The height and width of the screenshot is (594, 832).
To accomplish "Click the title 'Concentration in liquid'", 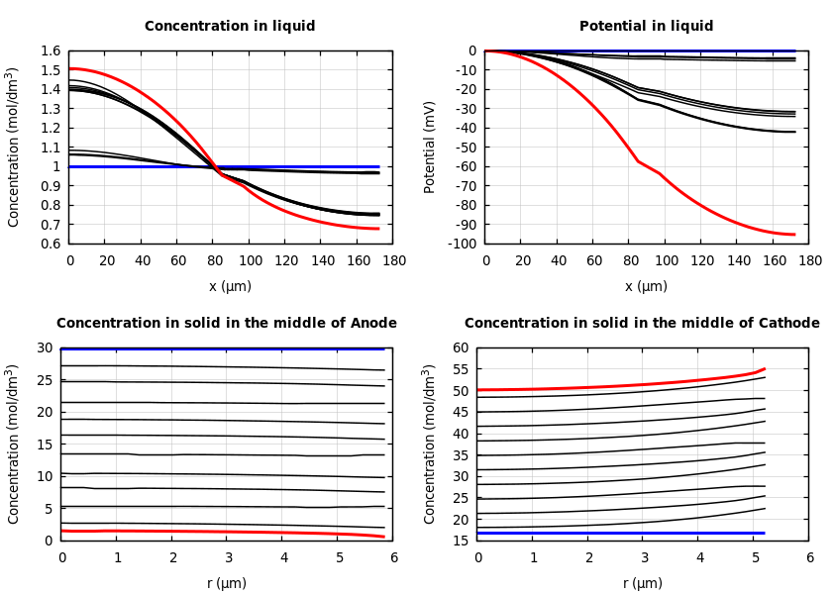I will click(230, 27).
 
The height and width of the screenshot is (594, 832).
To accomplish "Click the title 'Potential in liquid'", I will click(646, 27).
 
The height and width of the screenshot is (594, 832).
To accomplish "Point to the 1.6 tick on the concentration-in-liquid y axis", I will click(51, 50).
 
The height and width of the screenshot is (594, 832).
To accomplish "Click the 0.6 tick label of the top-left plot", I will click(51, 244).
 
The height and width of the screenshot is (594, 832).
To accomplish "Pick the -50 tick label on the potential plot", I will click(463, 147).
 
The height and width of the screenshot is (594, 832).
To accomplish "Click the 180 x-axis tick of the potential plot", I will click(809, 260).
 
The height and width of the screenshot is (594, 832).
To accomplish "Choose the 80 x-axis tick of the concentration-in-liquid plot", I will click(214, 260).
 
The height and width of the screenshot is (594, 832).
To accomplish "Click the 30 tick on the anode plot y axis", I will click(44, 347).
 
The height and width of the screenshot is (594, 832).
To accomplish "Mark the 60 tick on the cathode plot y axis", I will click(460, 347).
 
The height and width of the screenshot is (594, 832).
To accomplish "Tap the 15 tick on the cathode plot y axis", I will click(460, 541).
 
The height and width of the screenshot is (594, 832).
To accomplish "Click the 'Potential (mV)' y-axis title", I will click(430, 147).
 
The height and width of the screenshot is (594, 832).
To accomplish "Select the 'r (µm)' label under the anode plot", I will click(227, 583).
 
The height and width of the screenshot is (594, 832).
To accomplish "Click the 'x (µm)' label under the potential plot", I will click(646, 286).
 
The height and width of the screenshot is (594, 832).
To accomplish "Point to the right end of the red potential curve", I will click(794, 235).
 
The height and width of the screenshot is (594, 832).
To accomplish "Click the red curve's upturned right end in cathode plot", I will click(764, 368).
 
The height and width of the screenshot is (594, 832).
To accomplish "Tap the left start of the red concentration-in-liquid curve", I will click(70, 68).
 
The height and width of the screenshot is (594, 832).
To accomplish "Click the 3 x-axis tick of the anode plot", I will click(227, 557).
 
